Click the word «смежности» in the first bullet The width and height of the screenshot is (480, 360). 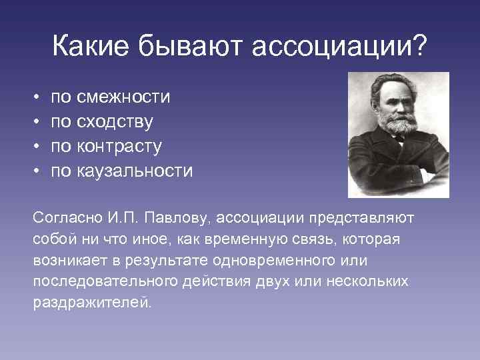pyautogui.click(x=123, y=97)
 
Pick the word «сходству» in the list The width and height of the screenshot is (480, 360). pyautogui.click(x=115, y=121)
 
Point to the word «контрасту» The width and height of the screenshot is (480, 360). pyautogui.click(x=119, y=146)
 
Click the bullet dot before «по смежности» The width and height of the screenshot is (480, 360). pyautogui.click(x=36, y=98)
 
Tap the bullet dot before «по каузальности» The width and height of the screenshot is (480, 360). pyautogui.click(x=36, y=171)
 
